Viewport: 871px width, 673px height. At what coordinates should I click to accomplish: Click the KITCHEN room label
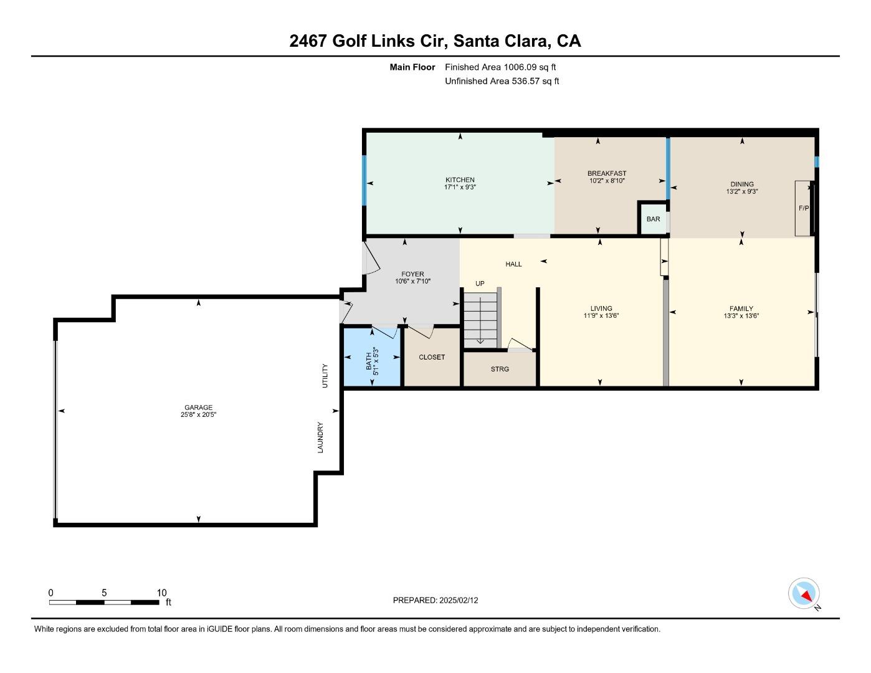(460, 180)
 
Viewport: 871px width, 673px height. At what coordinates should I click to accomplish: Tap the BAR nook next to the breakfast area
(653, 219)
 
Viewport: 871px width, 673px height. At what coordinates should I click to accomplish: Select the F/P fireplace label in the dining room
(804, 208)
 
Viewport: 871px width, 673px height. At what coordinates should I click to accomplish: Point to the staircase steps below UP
(480, 320)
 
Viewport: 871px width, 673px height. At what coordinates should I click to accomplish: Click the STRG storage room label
(500, 369)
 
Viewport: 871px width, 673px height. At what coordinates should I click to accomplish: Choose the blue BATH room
(372, 357)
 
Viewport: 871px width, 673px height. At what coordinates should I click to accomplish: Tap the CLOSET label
(432, 357)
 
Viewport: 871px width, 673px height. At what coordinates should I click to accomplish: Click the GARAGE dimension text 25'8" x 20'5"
(198, 415)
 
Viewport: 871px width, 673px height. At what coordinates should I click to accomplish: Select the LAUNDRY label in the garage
(320, 437)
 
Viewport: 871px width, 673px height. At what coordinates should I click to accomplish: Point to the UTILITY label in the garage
(325, 376)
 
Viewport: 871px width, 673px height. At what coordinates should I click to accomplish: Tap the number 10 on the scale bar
(161, 593)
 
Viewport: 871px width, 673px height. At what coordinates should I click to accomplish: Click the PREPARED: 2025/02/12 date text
(435, 600)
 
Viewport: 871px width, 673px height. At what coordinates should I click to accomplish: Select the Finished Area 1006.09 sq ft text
(500, 67)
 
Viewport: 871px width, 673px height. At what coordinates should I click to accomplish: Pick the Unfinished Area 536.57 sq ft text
(502, 81)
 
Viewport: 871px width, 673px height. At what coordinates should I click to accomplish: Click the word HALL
(513, 264)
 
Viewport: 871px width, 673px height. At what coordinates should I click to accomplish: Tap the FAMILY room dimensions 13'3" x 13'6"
(741, 316)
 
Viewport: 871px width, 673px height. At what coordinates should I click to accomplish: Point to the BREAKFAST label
(607, 173)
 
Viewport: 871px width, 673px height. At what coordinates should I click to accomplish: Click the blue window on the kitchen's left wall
(364, 180)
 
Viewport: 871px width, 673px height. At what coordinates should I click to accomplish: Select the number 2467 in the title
(308, 41)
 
